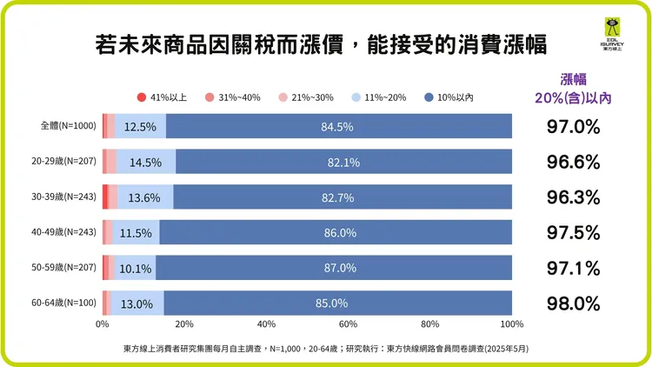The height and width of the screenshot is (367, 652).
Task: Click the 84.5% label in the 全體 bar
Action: [x=336, y=127]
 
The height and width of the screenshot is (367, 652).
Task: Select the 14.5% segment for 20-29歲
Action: [x=144, y=162]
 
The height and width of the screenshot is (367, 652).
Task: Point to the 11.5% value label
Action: [x=136, y=233]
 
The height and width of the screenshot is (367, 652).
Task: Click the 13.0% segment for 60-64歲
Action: [x=139, y=304]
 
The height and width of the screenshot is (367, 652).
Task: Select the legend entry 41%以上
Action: [x=163, y=97]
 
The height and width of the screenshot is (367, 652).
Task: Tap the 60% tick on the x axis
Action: [x=348, y=324]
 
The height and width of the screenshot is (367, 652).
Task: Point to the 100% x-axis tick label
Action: [x=511, y=324]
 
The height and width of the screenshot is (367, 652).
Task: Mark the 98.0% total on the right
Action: [x=574, y=304]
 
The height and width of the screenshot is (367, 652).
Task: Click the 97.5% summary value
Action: [x=574, y=232]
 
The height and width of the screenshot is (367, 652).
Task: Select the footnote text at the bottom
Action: [x=326, y=348]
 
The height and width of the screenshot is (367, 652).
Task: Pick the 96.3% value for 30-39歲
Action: [x=574, y=197]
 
